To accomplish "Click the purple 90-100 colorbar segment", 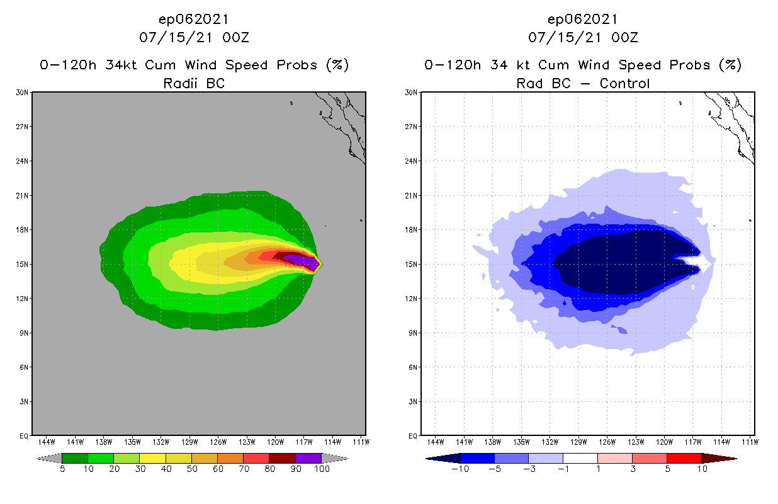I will tap(308, 458).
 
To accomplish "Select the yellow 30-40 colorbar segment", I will tap(152, 458).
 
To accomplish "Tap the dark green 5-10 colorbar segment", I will tap(74, 458).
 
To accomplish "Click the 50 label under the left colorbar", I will tap(191, 469).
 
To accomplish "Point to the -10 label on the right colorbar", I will tap(461, 469).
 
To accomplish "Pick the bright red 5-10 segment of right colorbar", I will tap(684, 458).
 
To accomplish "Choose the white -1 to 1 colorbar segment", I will tap(580, 458).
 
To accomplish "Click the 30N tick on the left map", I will tap(21, 93).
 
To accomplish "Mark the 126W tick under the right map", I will tap(607, 442).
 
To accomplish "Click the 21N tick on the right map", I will tap(411, 195).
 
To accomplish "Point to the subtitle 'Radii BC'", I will tap(194, 83).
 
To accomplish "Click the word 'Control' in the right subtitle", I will tap(624, 83).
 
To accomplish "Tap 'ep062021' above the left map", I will tap(194, 19).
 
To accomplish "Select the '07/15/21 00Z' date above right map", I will tap(583, 38).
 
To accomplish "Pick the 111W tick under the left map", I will tap(361, 442).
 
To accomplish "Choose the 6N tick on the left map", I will tap(23, 367).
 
